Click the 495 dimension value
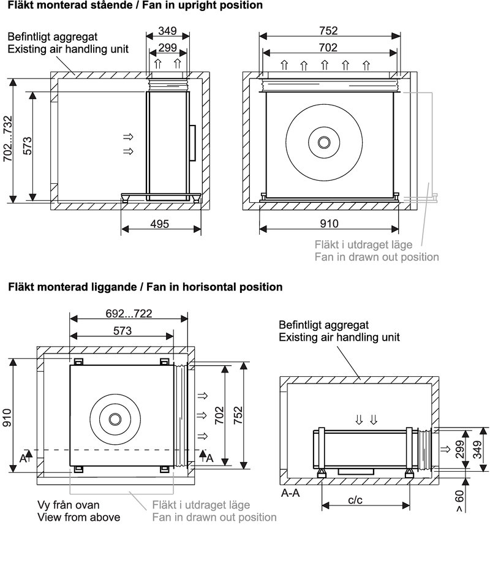pos(160,224)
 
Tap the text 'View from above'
pos(79,517)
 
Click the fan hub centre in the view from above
pos(115,419)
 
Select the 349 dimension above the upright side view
pos(167,31)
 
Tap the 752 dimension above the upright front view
pos(328,31)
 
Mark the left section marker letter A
pos(23,458)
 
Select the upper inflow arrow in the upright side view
pos(128,136)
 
